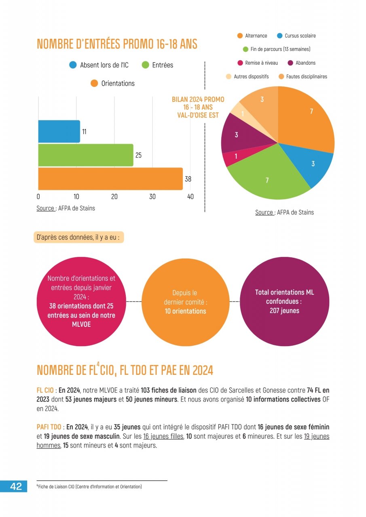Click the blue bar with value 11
(x=59, y=131)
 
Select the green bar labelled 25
(x=85, y=155)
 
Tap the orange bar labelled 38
(x=110, y=179)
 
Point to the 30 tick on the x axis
(x=152, y=197)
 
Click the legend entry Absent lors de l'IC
(x=99, y=65)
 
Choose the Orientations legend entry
(x=113, y=84)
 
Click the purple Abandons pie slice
(x=238, y=134)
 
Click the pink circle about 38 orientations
(x=81, y=301)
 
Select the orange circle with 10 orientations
(x=185, y=302)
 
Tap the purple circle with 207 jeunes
(x=285, y=301)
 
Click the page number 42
(x=16, y=487)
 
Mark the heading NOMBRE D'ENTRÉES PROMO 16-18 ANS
(x=117, y=44)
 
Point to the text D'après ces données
(x=78, y=237)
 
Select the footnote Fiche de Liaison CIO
(x=89, y=487)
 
